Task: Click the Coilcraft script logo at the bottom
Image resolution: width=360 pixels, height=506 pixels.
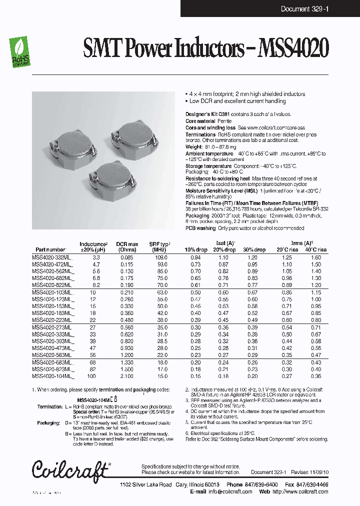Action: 70,469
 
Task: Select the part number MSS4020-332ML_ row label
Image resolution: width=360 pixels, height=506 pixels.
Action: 52,257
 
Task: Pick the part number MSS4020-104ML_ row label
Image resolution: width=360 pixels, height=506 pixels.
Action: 52,375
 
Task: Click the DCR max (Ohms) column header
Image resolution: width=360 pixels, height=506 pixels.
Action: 126,246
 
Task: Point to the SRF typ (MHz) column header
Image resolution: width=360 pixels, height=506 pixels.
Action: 159,246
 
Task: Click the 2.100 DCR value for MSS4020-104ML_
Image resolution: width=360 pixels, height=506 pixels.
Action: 127,375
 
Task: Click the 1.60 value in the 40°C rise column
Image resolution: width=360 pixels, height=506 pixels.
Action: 315,257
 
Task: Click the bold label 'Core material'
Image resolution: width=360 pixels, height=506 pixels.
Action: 200,121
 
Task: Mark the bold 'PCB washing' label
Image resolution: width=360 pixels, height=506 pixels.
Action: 201,228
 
